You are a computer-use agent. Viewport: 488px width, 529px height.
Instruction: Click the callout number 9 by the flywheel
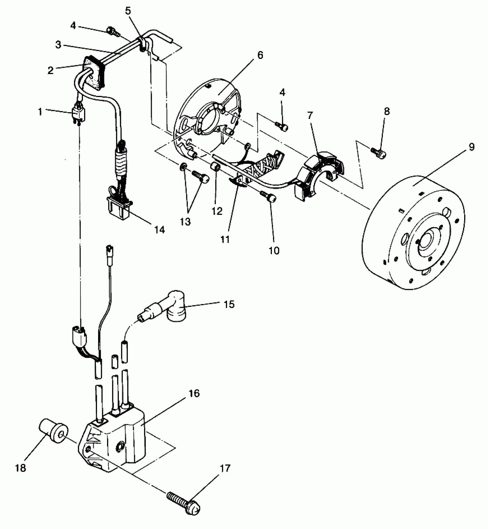[472, 147]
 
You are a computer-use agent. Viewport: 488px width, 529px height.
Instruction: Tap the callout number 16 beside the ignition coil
[194, 393]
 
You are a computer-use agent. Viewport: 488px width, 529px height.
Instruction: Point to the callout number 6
[260, 55]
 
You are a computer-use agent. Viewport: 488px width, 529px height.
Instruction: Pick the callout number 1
[40, 111]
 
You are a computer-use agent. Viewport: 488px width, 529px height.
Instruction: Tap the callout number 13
[186, 222]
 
